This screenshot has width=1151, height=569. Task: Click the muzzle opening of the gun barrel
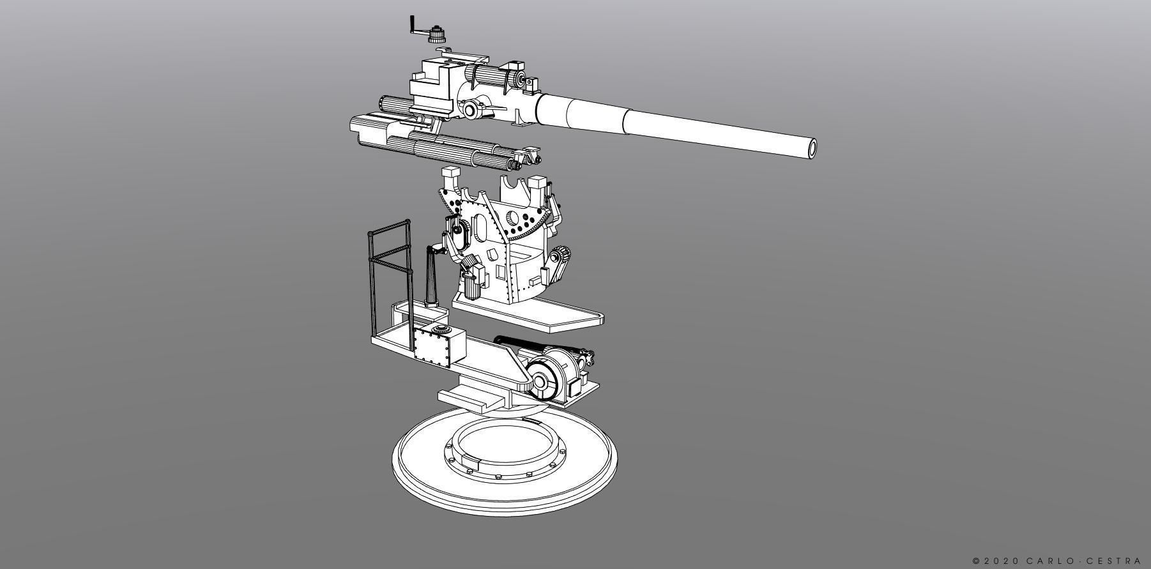(812, 148)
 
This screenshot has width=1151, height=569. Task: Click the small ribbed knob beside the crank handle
(438, 33)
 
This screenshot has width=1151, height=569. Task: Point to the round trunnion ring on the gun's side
(471, 110)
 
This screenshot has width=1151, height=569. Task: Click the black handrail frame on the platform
(388, 268)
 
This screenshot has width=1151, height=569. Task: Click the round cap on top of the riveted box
(439, 329)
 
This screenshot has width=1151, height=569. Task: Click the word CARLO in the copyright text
(1050, 561)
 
